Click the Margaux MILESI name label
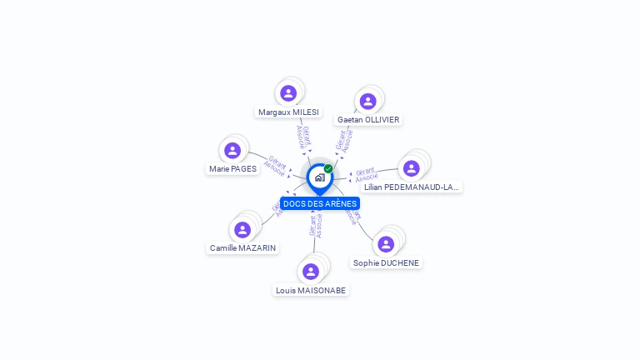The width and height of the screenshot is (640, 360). point(288,112)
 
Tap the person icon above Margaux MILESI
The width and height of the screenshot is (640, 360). point(288,92)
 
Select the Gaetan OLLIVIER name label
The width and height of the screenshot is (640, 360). point(368,119)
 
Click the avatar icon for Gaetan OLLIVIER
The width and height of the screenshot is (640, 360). point(367,101)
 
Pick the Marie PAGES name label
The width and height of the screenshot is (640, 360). point(232,168)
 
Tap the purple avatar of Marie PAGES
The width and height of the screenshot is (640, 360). point(232,151)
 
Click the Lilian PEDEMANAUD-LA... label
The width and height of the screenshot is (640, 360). point(411,187)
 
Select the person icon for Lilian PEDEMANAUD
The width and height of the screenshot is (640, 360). point(411,167)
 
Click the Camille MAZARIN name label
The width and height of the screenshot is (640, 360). point(242,247)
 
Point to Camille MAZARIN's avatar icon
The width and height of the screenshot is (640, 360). point(242,229)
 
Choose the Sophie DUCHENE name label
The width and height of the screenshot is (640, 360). point(386,262)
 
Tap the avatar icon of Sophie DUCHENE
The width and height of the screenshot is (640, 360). point(385,244)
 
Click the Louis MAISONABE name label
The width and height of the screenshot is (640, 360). point(311,290)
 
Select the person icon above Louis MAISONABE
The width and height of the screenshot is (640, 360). point(311,271)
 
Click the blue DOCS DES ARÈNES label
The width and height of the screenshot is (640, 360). point(320,203)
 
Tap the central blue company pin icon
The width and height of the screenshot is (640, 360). point(318,177)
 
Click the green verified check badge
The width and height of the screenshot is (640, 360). point(328,169)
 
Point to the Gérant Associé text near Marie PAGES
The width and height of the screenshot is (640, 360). point(276,164)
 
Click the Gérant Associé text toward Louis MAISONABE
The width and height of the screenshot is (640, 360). point(315,226)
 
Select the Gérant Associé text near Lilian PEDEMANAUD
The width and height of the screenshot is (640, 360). point(366,174)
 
